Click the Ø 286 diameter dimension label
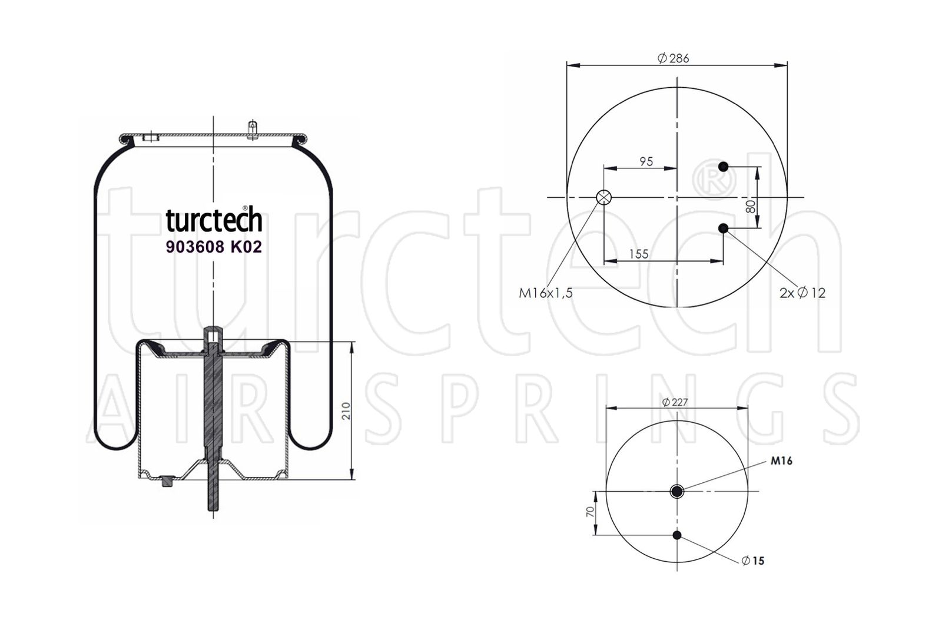[673, 58]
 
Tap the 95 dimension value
[646, 161]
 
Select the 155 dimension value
[639, 254]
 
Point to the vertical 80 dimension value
[750, 206]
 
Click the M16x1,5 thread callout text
[546, 293]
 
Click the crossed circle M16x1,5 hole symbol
[604, 197]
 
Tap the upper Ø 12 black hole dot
[723, 167]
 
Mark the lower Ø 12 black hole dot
[723, 228]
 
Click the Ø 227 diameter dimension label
[675, 402]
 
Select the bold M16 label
[781, 461]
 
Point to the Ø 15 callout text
[753, 561]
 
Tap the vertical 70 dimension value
[590, 512]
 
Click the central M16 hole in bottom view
[676, 491]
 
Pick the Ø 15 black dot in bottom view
[676, 535]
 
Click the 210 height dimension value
[346, 410]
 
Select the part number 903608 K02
[214, 247]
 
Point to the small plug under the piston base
[168, 481]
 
